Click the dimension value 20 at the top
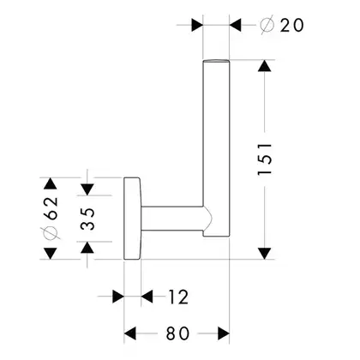(x=291, y=25)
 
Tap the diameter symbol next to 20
(x=267, y=25)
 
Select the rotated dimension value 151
(x=264, y=159)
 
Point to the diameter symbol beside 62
(x=51, y=233)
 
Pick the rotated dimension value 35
(x=87, y=219)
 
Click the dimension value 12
(x=178, y=297)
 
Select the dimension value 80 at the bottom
(x=177, y=333)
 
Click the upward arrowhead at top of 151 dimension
(x=264, y=66)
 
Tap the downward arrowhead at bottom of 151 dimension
(x=264, y=254)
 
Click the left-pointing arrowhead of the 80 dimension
(x=130, y=333)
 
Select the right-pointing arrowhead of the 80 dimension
(x=224, y=333)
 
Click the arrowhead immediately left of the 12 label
(x=147, y=297)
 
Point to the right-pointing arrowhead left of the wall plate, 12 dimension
(x=118, y=297)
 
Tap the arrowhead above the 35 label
(x=87, y=189)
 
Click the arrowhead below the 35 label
(x=87, y=248)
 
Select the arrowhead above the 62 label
(x=51, y=183)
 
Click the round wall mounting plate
(x=132, y=219)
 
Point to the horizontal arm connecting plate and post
(x=172, y=218)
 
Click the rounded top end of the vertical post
(x=216, y=61)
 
